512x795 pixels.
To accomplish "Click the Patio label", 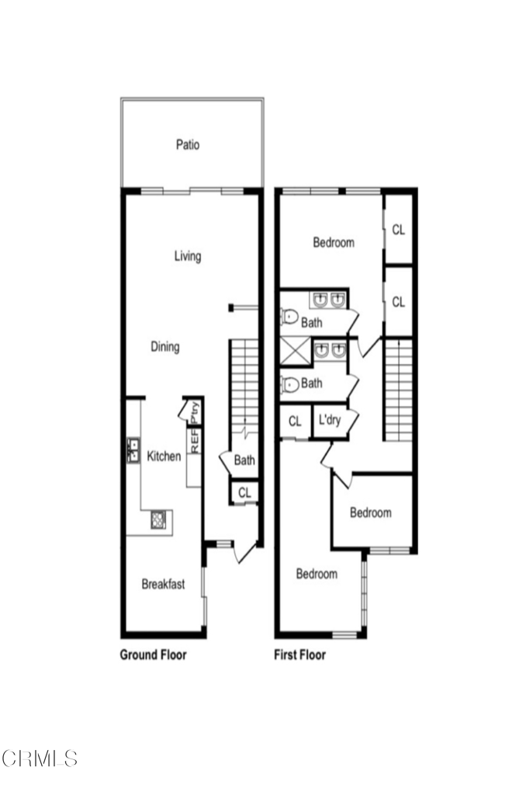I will (x=187, y=144).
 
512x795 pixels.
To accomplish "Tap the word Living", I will (x=187, y=256).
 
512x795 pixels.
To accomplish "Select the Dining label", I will (x=164, y=347).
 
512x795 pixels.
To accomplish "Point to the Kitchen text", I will (x=164, y=457).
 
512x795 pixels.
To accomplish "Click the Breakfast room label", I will (x=163, y=585).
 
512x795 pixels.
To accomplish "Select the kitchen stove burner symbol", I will (x=158, y=519).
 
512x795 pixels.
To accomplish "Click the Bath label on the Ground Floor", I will (x=244, y=460).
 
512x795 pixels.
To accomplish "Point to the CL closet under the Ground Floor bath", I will (x=244, y=492).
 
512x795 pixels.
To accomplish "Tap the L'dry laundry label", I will (x=328, y=422).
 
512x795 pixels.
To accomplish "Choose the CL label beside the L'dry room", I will (x=295, y=422).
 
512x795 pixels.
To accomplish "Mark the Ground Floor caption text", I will (x=153, y=654).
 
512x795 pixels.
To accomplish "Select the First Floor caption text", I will (x=299, y=654).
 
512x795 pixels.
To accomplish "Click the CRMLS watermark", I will (x=40, y=758).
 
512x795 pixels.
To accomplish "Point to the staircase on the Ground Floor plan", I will (x=244, y=388).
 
